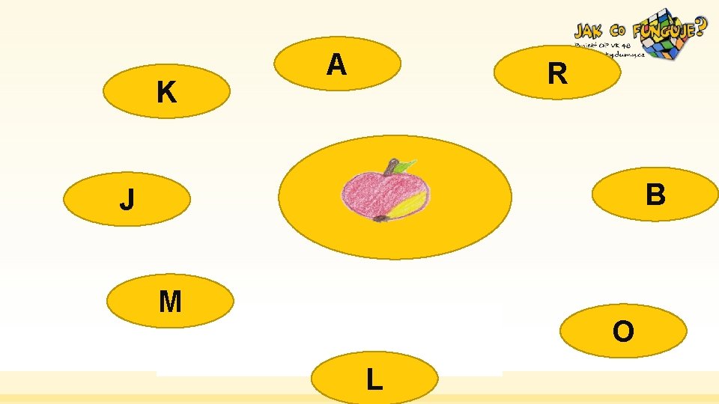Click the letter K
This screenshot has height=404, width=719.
pyautogui.click(x=166, y=93)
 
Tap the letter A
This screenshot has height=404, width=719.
pyautogui.click(x=336, y=66)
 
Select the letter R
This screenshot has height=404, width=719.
pyautogui.click(x=556, y=74)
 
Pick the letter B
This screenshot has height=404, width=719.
pyautogui.click(x=655, y=195)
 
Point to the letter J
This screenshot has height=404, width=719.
pyautogui.click(x=127, y=201)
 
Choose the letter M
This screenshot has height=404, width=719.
pyautogui.click(x=170, y=302)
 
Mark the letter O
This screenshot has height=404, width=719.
pyautogui.click(x=622, y=331)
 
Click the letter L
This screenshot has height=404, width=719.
pyautogui.click(x=374, y=380)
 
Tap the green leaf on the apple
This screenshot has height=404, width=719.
pyautogui.click(x=405, y=165)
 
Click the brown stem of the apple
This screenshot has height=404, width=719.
pyautogui.click(x=390, y=165)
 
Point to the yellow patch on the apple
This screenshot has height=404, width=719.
pyautogui.click(x=408, y=203)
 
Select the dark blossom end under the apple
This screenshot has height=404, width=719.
pyautogui.click(x=380, y=218)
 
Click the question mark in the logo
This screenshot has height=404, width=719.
pyautogui.click(x=699, y=28)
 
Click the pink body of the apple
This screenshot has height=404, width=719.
pyautogui.click(x=371, y=192)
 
